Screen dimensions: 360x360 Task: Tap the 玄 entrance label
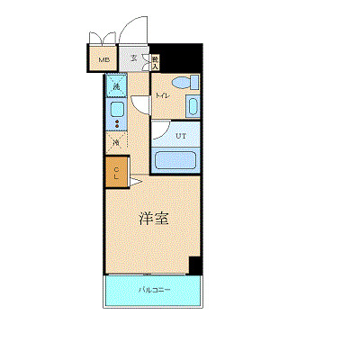point(133,59)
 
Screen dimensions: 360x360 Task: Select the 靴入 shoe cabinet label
point(155,61)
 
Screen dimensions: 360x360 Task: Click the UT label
point(180,136)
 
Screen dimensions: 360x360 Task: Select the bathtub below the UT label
point(176,162)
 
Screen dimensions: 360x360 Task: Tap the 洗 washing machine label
point(116,87)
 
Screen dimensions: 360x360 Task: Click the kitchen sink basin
point(116,110)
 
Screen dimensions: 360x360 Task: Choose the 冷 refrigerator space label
point(116,142)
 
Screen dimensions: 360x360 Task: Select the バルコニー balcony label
point(154,289)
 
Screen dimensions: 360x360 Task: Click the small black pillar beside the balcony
point(194,265)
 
